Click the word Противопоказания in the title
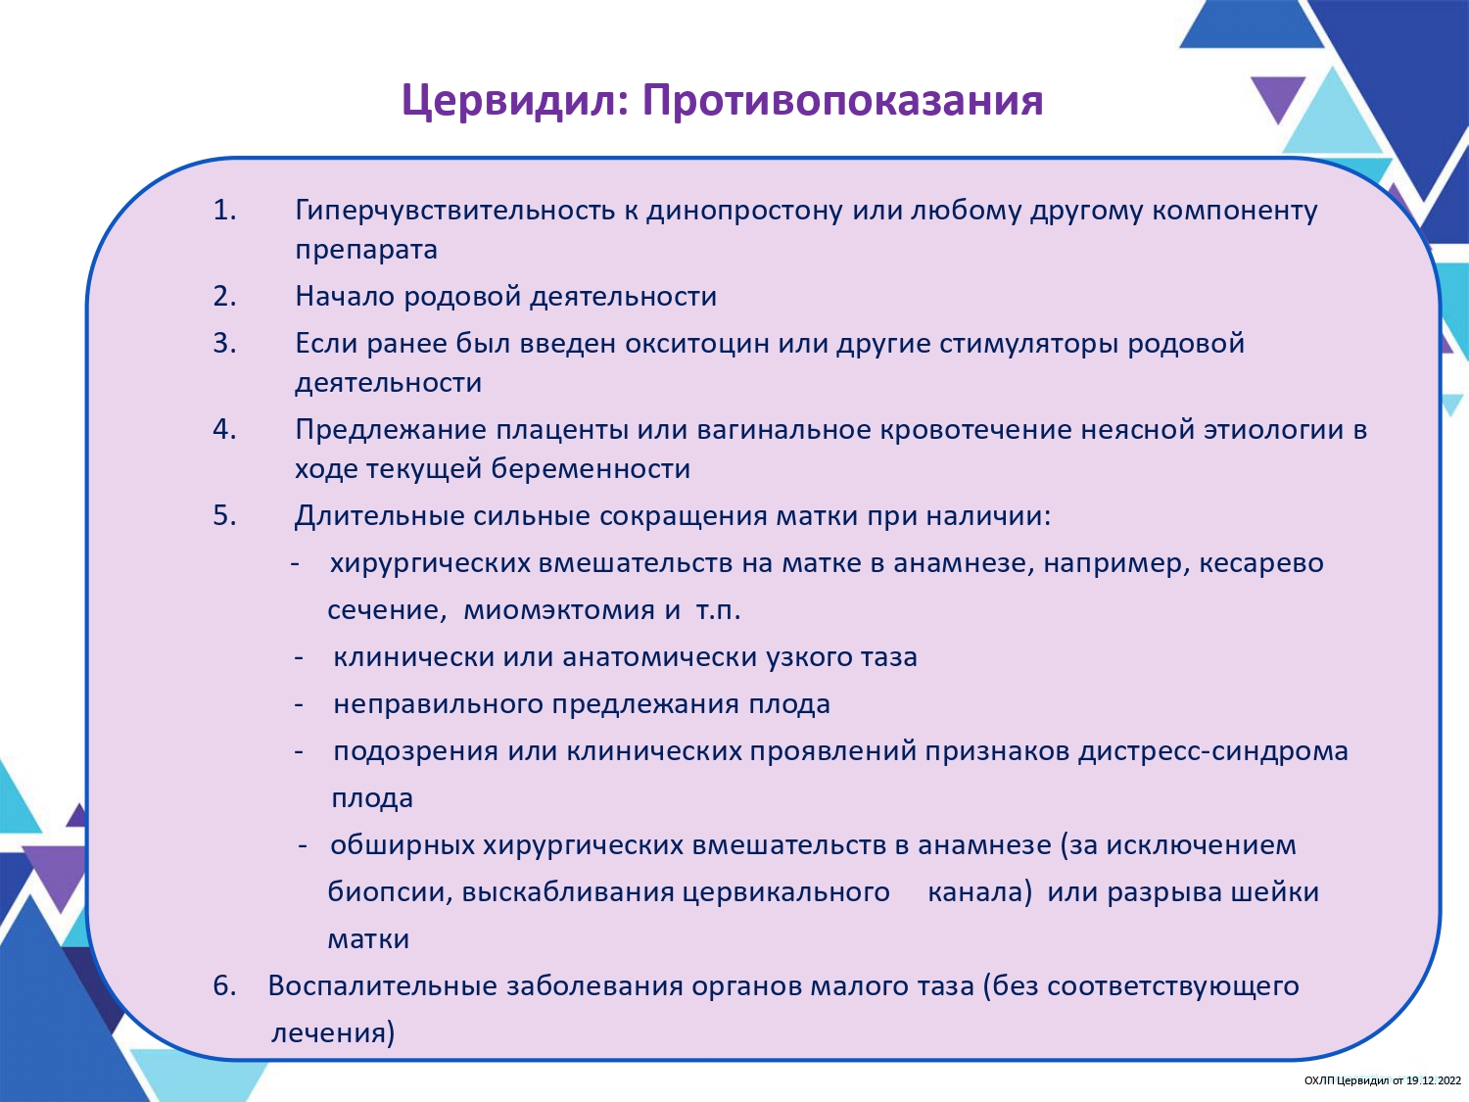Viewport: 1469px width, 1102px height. coord(843,100)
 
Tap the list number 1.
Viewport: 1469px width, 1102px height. coord(225,210)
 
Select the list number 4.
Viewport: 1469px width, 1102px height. coord(225,429)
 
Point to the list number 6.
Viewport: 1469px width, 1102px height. coord(225,985)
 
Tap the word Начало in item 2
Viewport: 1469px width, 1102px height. coord(345,297)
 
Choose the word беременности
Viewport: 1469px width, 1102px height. coord(591,469)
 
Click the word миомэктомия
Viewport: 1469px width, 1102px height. coord(559,610)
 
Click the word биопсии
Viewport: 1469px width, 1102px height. coord(389,892)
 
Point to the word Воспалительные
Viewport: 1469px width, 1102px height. coord(383,986)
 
